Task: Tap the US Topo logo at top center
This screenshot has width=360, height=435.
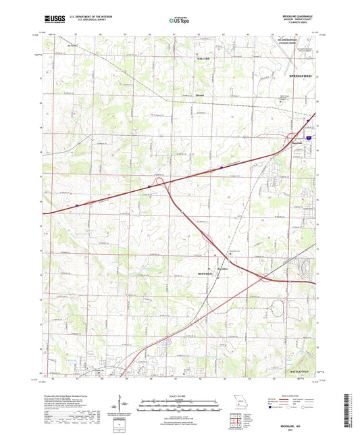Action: coord(179,21)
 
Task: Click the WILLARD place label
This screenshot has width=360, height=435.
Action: coord(203,59)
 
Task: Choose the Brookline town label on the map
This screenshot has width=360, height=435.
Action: coord(224,268)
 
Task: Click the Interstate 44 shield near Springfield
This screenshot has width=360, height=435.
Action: coord(309,137)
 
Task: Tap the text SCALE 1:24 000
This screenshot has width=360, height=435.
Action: coord(179,396)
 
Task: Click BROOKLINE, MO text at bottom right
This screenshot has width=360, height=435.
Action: coord(299,423)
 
